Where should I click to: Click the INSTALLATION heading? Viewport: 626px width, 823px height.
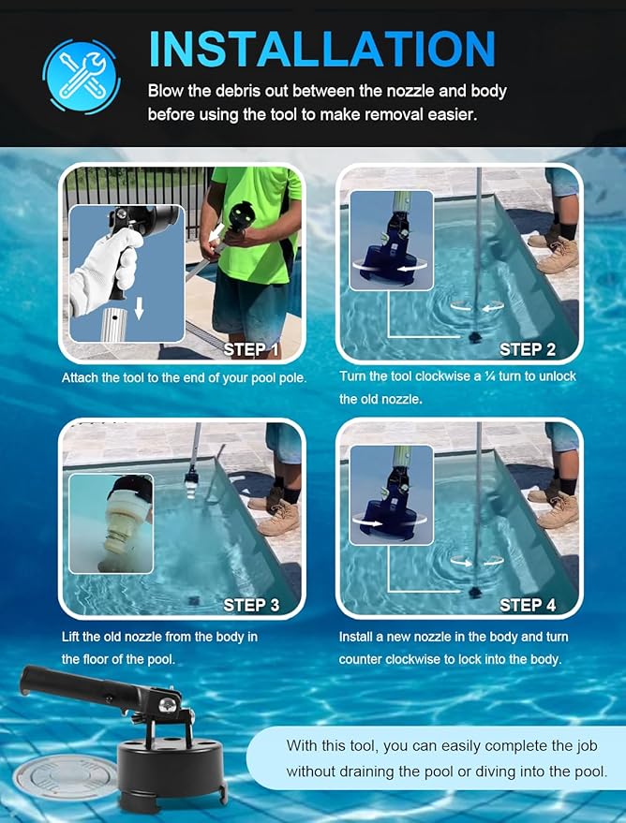(x=322, y=49)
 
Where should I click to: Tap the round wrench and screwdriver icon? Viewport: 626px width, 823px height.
(x=82, y=76)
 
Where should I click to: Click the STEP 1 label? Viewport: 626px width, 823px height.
(x=251, y=349)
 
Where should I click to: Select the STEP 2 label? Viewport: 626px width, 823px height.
(x=528, y=349)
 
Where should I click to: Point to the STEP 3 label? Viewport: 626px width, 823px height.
(x=251, y=605)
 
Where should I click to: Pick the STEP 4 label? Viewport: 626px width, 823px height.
(x=528, y=605)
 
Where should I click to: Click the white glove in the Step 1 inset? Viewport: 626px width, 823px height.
(x=105, y=272)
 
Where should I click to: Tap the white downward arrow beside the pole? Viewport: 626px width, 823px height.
(x=140, y=308)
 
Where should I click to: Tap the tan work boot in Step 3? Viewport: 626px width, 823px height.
(x=278, y=517)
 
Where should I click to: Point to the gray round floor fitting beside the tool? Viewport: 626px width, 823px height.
(x=66, y=777)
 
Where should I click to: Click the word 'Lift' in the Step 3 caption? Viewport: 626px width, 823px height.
(x=70, y=637)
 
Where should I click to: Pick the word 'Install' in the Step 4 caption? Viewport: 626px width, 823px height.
(x=355, y=637)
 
